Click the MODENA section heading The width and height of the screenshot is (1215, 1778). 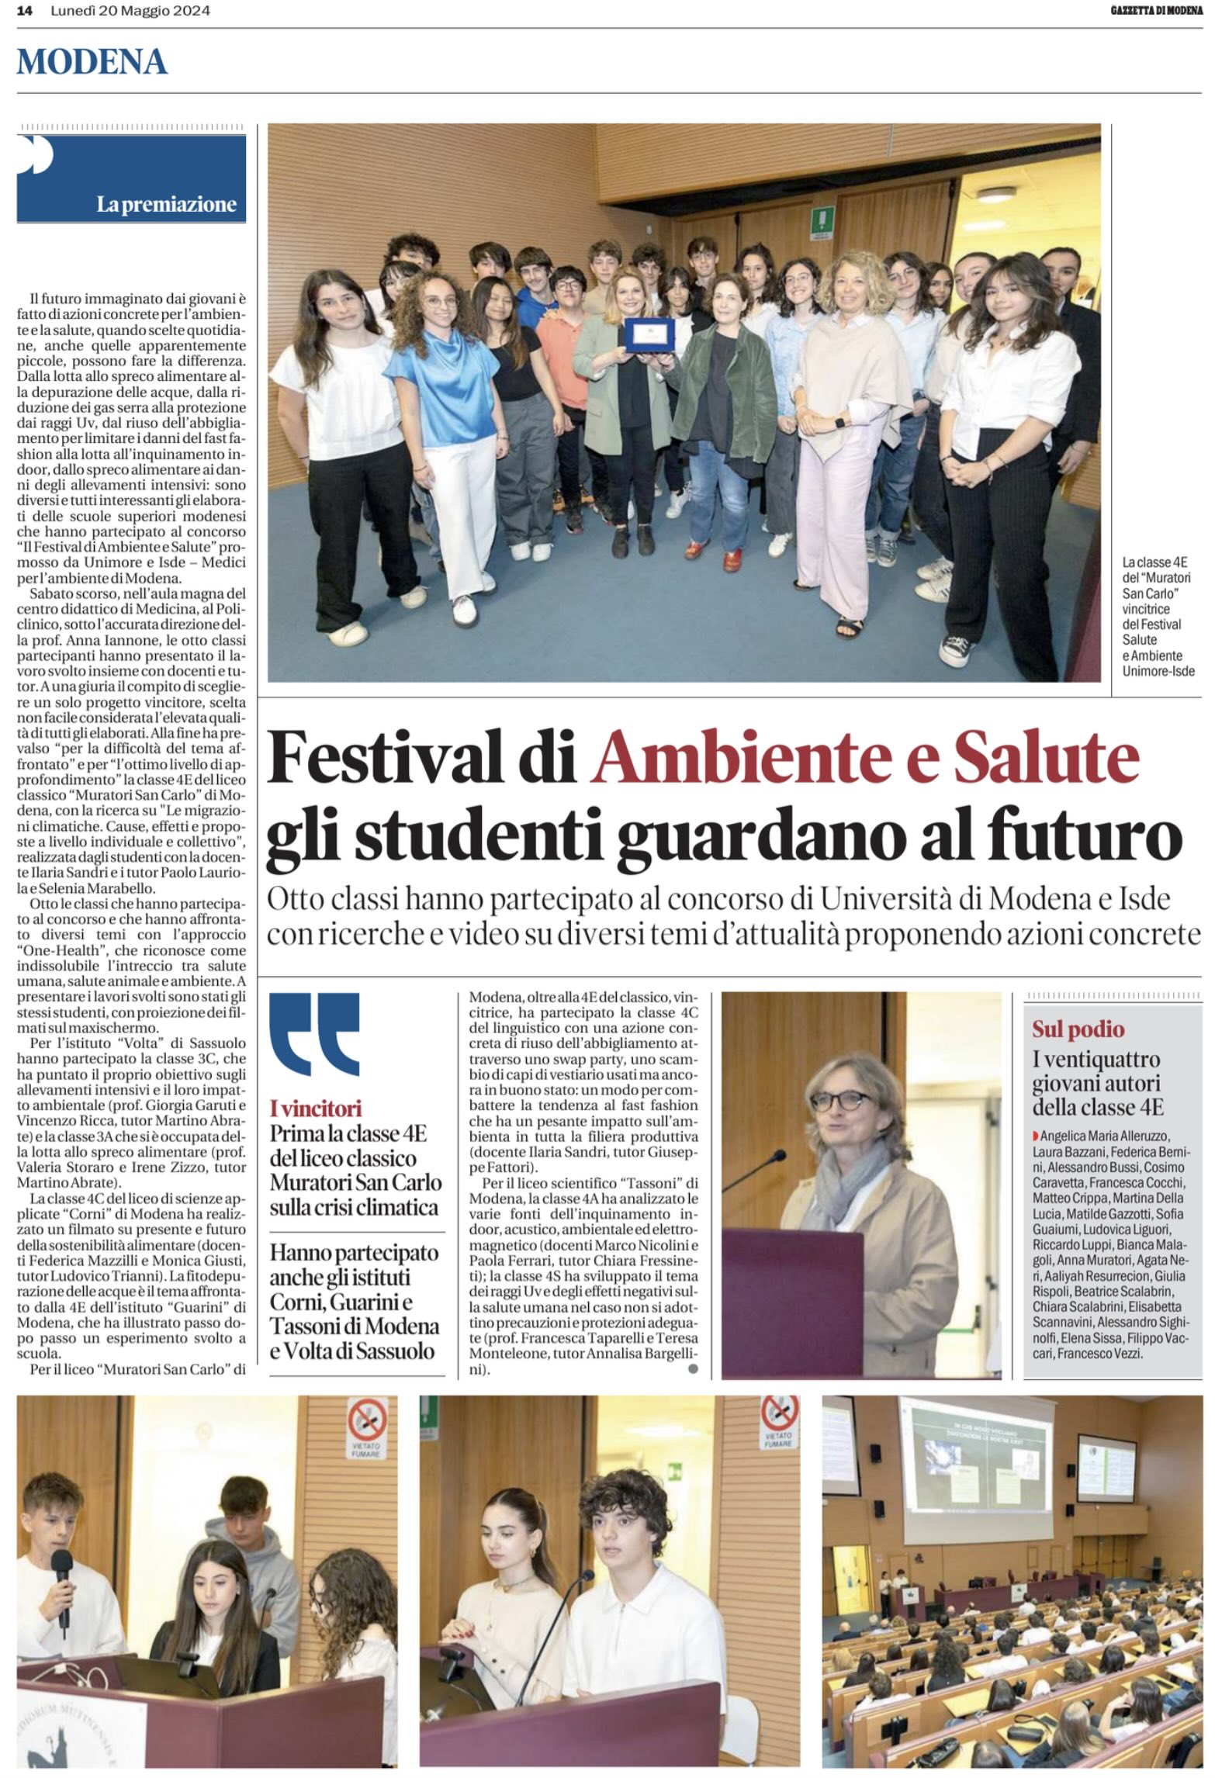[x=92, y=62]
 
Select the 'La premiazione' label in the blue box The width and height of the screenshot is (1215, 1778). [x=166, y=205]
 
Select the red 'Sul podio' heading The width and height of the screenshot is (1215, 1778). [x=1078, y=1029]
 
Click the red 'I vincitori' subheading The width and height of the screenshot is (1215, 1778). [x=316, y=1107]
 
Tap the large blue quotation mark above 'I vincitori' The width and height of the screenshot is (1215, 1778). [x=314, y=1034]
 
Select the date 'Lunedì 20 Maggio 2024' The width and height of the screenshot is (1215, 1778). [x=130, y=12]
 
